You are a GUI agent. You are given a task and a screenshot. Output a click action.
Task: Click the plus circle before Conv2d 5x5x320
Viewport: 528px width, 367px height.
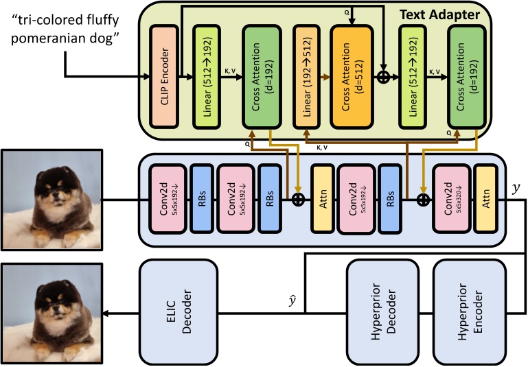(422, 199)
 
